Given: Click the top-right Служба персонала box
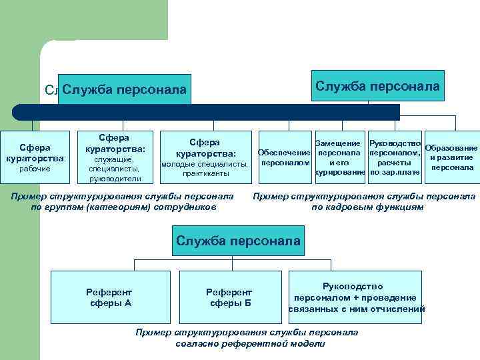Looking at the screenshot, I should pyautogui.click(x=377, y=86).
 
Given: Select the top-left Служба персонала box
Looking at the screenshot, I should pyautogui.click(x=125, y=89).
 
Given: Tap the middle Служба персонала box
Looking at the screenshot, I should pyautogui.click(x=238, y=240).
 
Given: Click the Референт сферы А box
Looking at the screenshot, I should pyautogui.click(x=109, y=297).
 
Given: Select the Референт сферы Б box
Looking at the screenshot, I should pyautogui.click(x=229, y=297).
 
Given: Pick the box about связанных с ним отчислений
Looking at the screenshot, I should pyautogui.click(x=357, y=297).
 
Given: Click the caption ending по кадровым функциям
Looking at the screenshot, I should pyautogui.click(x=365, y=201).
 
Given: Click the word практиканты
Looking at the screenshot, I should pyautogui.click(x=205, y=173).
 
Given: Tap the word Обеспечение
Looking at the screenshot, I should pyautogui.click(x=284, y=152).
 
